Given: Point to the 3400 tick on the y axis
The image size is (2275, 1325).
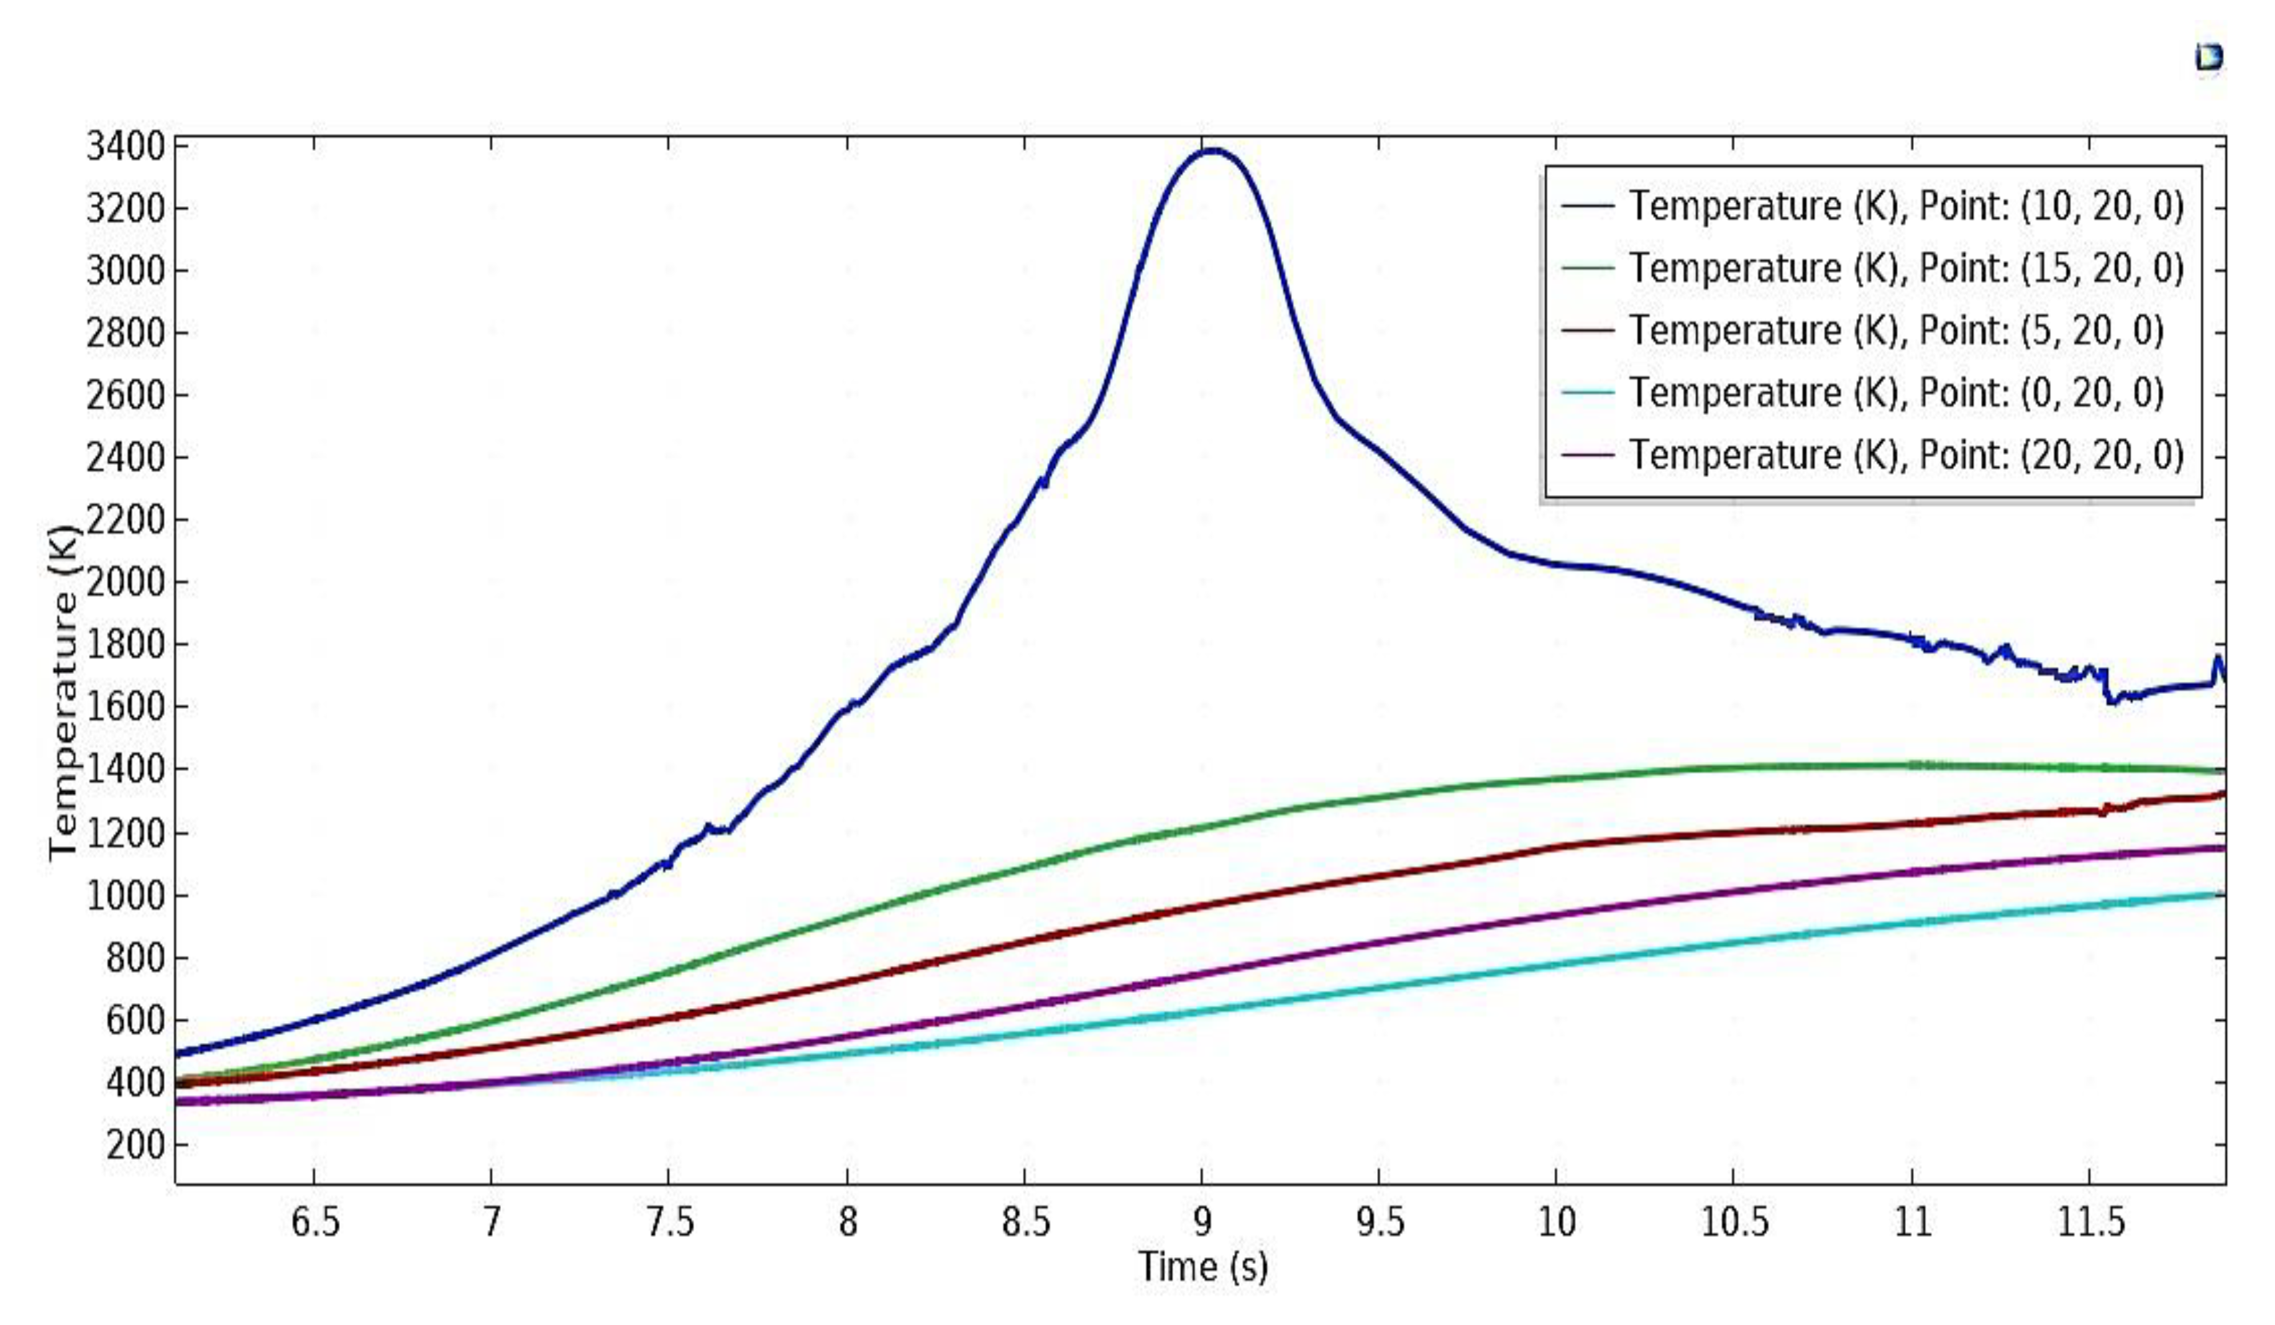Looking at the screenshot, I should click(x=126, y=146).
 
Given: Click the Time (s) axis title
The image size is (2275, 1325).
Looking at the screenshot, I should click(x=1202, y=1267).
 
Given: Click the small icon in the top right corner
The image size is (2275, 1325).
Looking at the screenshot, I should click(x=2208, y=58).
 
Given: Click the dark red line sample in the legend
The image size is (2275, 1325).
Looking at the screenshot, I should click(x=1587, y=330).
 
